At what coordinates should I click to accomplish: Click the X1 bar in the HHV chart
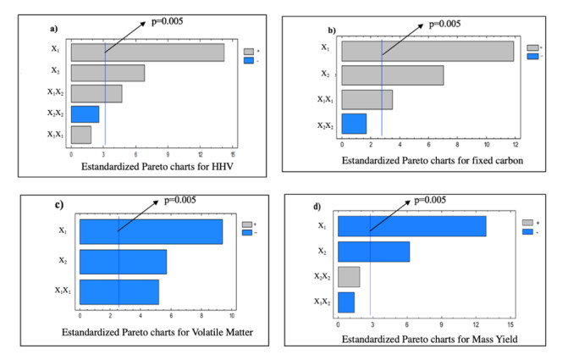click(147, 52)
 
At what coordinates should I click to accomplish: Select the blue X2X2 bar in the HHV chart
click(85, 114)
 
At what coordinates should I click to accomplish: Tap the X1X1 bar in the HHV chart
click(80, 135)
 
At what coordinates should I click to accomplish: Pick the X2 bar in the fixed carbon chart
click(392, 75)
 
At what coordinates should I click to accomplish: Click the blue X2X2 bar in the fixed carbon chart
click(354, 124)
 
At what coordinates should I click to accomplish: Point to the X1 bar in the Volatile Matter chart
click(151, 230)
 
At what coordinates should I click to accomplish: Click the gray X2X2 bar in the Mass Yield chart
click(349, 277)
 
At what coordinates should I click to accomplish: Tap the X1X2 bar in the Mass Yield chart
click(346, 302)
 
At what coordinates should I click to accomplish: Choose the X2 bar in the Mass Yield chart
click(373, 252)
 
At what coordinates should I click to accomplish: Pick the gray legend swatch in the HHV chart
click(250, 51)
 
